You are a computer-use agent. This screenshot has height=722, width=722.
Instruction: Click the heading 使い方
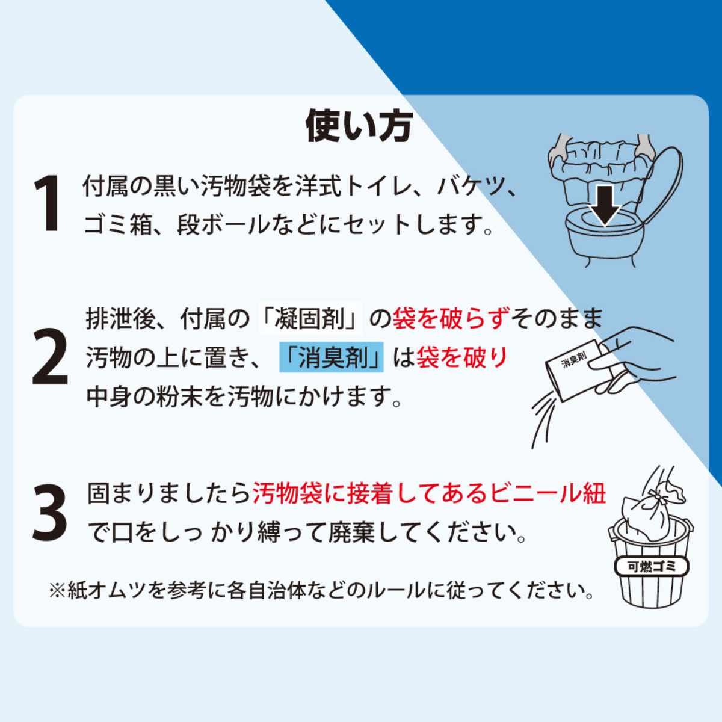tap(359, 126)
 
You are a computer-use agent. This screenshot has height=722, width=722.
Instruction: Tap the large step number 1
tap(48, 203)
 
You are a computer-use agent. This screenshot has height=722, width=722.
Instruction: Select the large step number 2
tap(50, 356)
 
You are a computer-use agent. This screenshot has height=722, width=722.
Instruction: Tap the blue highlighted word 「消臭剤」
tap(332, 357)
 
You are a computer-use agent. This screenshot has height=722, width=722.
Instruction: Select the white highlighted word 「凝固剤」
tap(310, 318)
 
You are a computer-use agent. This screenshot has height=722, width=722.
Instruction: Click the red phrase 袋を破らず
tap(451, 318)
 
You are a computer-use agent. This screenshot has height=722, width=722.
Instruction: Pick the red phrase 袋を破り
tap(461, 357)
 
